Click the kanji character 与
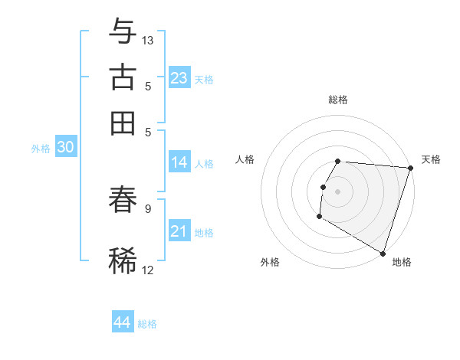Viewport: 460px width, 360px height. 123,32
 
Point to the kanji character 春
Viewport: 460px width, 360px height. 123,200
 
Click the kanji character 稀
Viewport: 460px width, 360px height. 123,260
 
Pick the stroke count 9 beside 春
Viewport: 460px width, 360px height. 148,208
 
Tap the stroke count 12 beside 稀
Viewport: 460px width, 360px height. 148,269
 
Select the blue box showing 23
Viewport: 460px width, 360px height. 179,78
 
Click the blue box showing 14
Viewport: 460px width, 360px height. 179,162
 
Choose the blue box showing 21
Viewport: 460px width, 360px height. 179,231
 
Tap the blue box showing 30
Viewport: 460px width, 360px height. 65,148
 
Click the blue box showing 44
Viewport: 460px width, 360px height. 123,322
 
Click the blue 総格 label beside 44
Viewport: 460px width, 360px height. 147,324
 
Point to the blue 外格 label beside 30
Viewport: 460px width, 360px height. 41,149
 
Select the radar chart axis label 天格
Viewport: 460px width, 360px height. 431,159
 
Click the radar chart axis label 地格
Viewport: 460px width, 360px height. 402,262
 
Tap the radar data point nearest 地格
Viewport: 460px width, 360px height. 383,252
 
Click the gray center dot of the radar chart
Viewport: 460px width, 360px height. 337,191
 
